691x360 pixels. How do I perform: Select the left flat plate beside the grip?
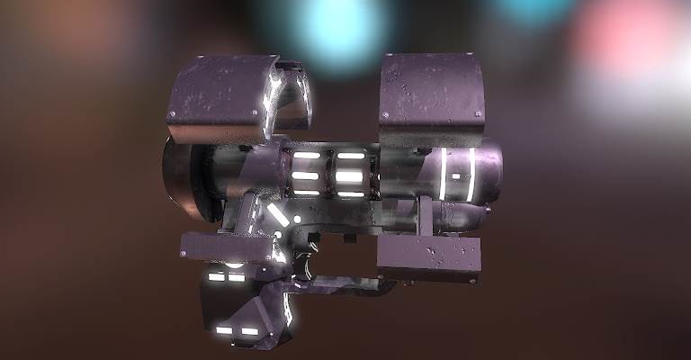[225, 246]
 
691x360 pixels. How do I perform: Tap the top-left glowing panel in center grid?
[306, 156]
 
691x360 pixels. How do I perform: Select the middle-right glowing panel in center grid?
[350, 175]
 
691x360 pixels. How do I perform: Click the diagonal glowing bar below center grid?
[277, 214]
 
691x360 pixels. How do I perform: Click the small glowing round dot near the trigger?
[297, 219]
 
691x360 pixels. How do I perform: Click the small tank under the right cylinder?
[463, 216]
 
